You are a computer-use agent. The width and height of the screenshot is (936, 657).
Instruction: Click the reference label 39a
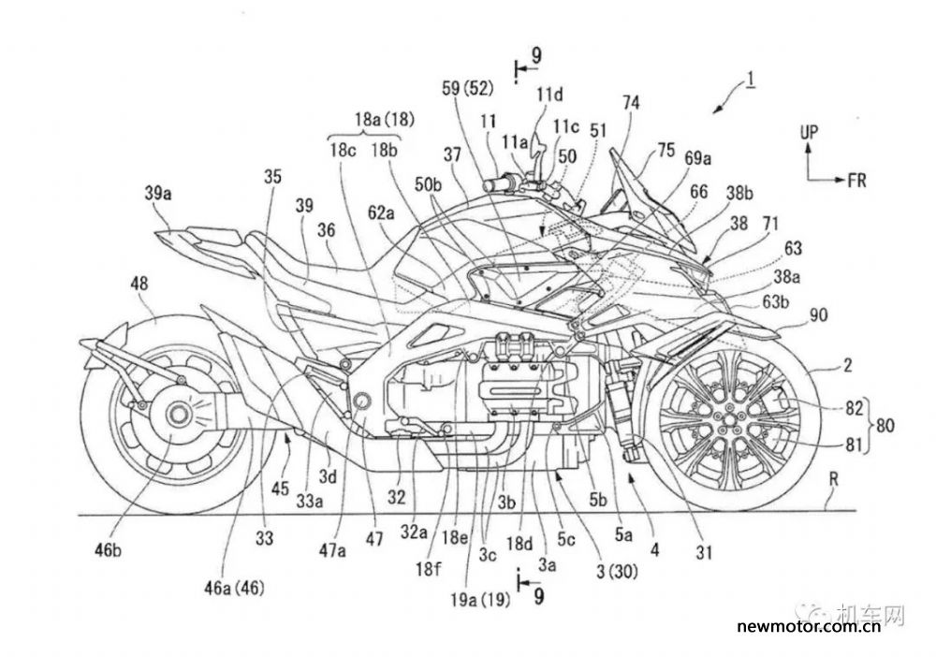(158, 194)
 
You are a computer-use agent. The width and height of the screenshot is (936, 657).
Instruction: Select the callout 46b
(108, 550)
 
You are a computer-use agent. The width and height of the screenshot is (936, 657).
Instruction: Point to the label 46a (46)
(235, 588)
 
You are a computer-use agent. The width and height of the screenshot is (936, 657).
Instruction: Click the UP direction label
(810, 133)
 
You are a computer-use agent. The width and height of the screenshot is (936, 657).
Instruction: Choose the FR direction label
(856, 180)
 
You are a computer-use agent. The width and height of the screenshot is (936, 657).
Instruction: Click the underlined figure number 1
(751, 80)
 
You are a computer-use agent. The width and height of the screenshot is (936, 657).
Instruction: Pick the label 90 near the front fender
(818, 314)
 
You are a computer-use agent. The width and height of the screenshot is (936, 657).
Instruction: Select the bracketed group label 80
(885, 426)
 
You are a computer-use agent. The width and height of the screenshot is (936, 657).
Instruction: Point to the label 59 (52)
(467, 89)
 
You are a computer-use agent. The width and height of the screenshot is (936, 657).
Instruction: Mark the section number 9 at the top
(536, 56)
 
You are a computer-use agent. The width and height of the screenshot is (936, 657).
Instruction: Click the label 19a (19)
(480, 600)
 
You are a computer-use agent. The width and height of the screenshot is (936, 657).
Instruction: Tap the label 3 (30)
(617, 572)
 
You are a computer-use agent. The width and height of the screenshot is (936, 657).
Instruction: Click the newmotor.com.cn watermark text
(809, 626)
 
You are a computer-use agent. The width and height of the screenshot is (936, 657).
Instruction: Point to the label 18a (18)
(385, 120)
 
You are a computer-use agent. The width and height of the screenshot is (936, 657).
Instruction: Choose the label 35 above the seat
(272, 178)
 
